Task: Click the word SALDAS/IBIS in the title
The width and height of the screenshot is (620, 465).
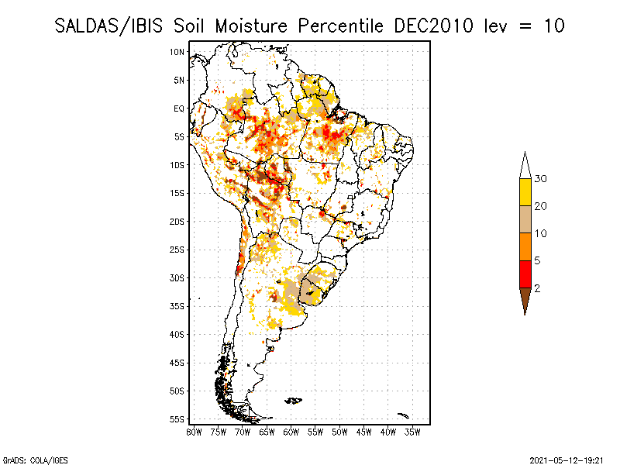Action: coord(108,26)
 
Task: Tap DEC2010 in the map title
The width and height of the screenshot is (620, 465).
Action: coord(433,26)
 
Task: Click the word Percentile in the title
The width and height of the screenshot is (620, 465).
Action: coord(340,26)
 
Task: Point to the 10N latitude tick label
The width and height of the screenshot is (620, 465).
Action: coord(177,52)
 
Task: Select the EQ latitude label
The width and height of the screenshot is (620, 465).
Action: coord(179,108)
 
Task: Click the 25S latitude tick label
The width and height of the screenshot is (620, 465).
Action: coord(177,250)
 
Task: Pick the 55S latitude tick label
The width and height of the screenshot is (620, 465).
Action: coord(177,419)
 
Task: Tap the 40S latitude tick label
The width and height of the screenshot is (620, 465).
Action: coord(177,335)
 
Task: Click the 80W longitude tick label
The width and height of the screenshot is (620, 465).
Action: coord(194,432)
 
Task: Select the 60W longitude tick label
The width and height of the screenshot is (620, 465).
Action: coord(291,432)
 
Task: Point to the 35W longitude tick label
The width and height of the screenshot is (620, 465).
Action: coord(412,432)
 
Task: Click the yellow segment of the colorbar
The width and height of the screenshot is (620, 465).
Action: coord(525,192)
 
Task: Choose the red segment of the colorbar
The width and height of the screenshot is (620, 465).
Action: coord(525,274)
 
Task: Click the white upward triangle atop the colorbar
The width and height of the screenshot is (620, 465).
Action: coord(525,167)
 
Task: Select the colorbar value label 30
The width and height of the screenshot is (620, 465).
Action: coord(540,179)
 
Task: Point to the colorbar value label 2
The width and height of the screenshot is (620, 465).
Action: coord(537,288)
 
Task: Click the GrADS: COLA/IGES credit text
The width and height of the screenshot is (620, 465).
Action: coord(36,460)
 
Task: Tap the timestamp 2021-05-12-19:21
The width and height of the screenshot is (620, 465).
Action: coord(567,460)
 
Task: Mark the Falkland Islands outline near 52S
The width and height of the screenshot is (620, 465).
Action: coord(294,401)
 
